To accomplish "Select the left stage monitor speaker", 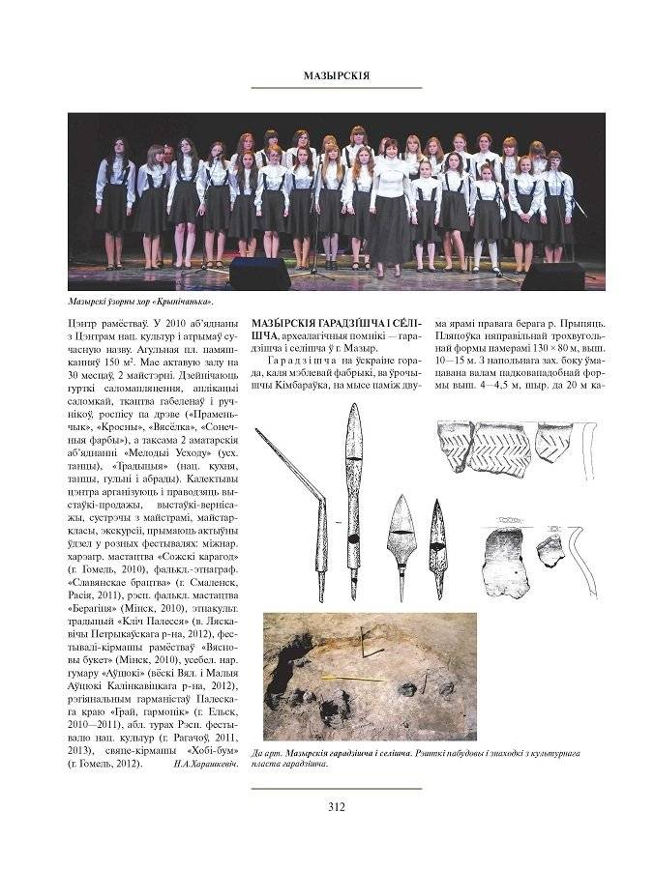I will tap(258, 274).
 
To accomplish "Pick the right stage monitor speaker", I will tap(552, 276).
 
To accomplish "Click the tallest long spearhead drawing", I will tap(354, 498).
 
